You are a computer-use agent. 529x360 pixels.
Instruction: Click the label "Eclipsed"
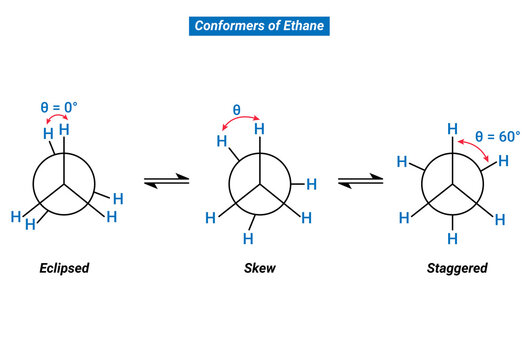[64, 268]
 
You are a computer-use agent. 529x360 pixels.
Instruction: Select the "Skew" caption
[260, 268]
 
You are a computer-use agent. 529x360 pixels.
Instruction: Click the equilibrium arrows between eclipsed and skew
[160, 181]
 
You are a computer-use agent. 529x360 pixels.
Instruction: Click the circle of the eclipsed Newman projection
[64, 184]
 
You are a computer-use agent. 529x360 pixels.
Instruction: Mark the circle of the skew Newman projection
[261, 184]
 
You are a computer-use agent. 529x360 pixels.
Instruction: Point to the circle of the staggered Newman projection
[453, 184]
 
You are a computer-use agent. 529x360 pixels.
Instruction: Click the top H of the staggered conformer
[453, 129]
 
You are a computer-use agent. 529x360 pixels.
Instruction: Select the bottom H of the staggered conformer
[453, 239]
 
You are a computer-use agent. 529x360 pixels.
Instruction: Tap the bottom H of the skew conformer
[250, 239]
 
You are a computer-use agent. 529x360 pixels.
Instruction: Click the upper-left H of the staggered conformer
[402, 160]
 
